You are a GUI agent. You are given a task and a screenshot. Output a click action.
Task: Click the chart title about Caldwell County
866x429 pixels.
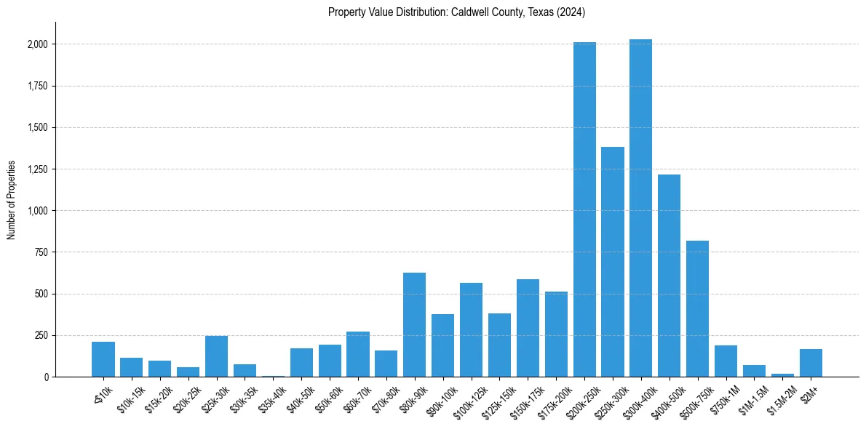tap(456, 12)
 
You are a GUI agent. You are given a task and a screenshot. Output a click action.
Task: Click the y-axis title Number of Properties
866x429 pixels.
tap(12, 200)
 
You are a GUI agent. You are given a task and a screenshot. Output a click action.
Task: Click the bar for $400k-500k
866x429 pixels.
tap(669, 276)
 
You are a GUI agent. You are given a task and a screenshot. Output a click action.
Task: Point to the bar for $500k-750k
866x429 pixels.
tap(697, 308)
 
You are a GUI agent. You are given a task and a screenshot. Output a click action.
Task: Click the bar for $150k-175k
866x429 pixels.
tap(528, 328)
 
